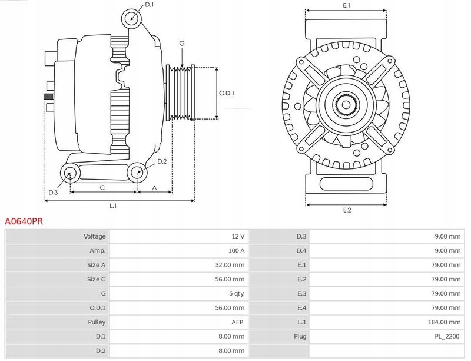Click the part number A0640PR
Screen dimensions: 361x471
24,222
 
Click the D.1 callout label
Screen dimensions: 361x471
149,5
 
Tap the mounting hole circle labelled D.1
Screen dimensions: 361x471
132,19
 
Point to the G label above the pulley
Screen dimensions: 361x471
182,44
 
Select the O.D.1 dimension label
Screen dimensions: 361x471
227,93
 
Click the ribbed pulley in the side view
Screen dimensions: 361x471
182,92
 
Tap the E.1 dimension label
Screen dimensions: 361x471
347,5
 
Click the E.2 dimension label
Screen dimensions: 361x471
347,210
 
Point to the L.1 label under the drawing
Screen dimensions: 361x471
113,206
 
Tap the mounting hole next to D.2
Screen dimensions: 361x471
137,173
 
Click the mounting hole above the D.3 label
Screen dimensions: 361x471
71,173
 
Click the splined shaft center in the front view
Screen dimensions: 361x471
346,105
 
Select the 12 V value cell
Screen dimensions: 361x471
238,236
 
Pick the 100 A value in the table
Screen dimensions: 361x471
236,250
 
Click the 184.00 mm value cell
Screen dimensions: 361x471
446,322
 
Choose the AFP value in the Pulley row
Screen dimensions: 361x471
238,322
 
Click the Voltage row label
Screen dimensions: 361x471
94,236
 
